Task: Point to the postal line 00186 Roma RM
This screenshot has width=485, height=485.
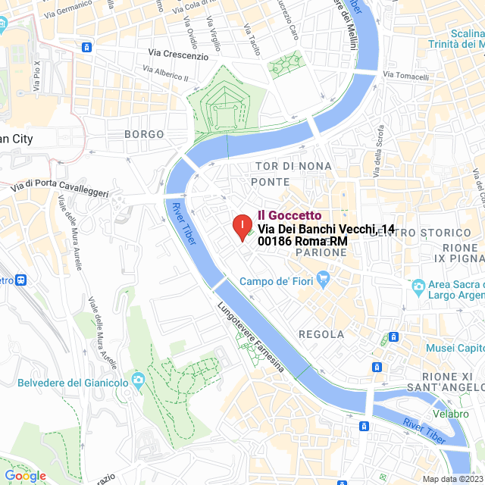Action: [302, 241]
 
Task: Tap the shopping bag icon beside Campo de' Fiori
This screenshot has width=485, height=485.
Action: [324, 280]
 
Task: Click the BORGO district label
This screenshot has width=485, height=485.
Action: [144, 134]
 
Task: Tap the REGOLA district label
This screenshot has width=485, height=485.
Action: [321, 334]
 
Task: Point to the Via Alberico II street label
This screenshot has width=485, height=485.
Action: [165, 76]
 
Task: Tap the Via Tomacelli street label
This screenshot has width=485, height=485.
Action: [406, 76]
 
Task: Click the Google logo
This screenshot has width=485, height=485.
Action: [24, 475]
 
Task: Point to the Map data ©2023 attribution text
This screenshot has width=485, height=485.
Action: [452, 479]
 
